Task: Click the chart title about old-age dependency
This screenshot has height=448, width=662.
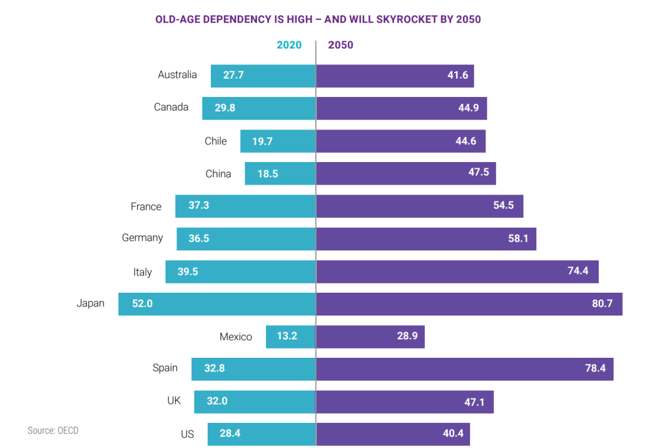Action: tap(318, 20)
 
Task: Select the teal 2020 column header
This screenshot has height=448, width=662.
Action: tap(289, 45)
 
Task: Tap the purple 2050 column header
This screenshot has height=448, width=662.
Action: tap(341, 45)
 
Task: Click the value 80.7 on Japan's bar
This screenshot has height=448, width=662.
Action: tap(603, 304)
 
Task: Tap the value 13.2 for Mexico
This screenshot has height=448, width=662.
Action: tap(287, 336)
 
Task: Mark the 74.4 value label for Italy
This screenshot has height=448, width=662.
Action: tap(578, 271)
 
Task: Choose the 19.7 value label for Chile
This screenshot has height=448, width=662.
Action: tap(262, 141)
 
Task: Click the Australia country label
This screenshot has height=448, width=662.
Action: tap(177, 75)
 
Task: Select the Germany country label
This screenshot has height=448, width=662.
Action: tap(142, 238)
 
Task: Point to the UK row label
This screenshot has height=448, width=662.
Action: tap(174, 401)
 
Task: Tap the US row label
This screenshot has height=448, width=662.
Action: tap(188, 434)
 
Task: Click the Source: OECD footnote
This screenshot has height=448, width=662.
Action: tap(53, 431)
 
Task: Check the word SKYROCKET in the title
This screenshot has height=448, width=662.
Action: tap(401, 20)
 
